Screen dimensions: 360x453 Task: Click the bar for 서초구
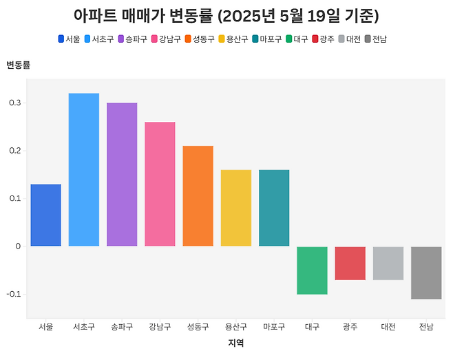click(84, 169)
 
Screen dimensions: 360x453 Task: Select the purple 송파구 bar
click(122, 174)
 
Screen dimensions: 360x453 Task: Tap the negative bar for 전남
click(426, 273)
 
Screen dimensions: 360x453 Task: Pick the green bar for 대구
click(312, 270)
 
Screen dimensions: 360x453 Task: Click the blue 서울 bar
click(46, 215)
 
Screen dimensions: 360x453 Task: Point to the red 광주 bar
click(350, 263)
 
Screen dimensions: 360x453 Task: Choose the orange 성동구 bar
click(198, 195)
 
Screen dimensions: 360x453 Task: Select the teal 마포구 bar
click(274, 208)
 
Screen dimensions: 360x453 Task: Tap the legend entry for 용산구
click(233, 39)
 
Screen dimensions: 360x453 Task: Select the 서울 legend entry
click(69, 39)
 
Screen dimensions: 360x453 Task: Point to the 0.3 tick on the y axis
click(15, 103)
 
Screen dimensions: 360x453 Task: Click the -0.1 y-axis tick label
click(13, 294)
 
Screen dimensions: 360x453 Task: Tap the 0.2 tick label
click(15, 151)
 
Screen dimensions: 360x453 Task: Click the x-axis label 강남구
click(160, 327)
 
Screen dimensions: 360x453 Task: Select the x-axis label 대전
click(388, 327)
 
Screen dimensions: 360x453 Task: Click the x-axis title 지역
click(236, 343)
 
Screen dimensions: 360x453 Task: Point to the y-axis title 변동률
click(18, 65)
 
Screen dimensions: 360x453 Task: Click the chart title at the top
click(226, 15)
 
